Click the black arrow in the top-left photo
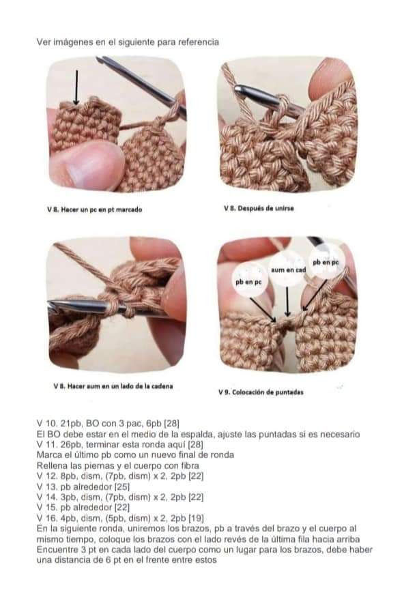coord(76,87)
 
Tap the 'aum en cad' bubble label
coord(288,269)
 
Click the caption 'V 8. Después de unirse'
coord(259,208)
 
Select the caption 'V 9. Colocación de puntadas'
coord(261,392)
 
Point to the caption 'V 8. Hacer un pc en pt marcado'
coord(94,209)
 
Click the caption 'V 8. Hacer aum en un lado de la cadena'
coord(113,386)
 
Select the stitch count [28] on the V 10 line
coord(171,423)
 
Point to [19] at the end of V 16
coord(197,518)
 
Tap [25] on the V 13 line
coord(122,486)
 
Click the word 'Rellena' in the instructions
coord(51,466)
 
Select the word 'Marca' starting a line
coord(48,455)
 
